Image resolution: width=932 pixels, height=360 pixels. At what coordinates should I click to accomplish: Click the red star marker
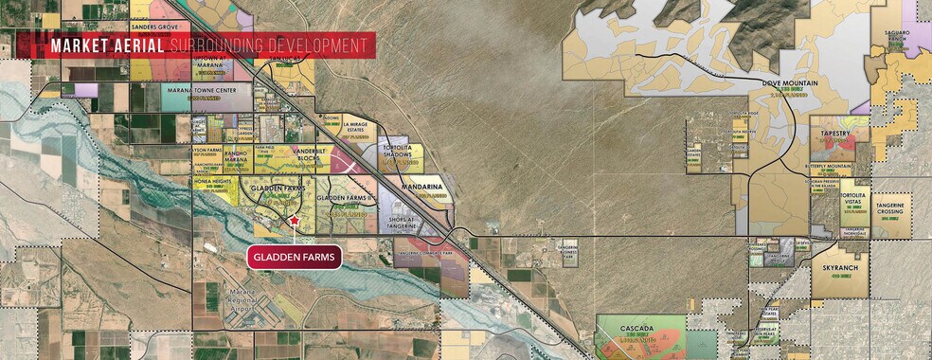295,220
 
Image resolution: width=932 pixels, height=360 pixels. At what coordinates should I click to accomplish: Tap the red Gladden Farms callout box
294,256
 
